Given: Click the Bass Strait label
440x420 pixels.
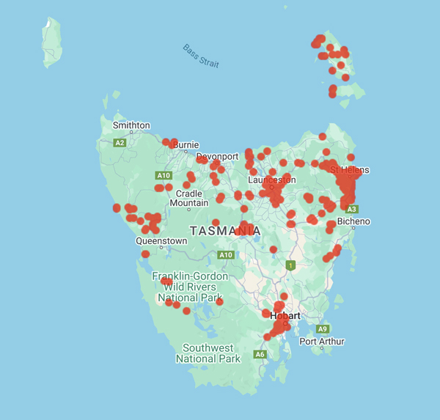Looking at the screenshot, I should pos(201,56).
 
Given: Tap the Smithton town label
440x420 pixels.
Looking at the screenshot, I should pos(131,125).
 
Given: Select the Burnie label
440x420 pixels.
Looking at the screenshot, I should pos(186,145).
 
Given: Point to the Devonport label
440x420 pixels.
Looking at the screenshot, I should pos(217,157).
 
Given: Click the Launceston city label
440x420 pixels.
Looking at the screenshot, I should pos(272,180).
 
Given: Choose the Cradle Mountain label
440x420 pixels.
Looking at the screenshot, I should pos(188,198).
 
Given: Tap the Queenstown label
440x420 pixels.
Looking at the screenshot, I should pos(161,240).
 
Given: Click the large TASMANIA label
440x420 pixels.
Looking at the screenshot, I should pos(225,231).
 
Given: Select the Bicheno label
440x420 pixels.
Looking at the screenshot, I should pos(354,221).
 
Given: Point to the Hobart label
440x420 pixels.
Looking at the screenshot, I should pos(285,316).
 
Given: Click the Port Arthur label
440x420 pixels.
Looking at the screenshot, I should pos(321,342).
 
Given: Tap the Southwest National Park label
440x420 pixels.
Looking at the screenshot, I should pos(208,353).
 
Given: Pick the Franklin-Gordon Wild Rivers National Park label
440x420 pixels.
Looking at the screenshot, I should pos(190,287).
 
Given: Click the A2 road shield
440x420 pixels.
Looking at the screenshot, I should pos(120,143).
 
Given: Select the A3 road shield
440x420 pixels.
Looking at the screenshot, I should pos(352,209).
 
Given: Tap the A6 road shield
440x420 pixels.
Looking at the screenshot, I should pos(260,354).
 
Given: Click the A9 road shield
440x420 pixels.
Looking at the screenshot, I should pos(323,329).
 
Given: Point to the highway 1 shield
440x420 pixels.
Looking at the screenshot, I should pos(291,265).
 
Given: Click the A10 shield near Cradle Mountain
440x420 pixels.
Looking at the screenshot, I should pos(164,175).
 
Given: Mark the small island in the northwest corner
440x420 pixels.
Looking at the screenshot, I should pos(51,43).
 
